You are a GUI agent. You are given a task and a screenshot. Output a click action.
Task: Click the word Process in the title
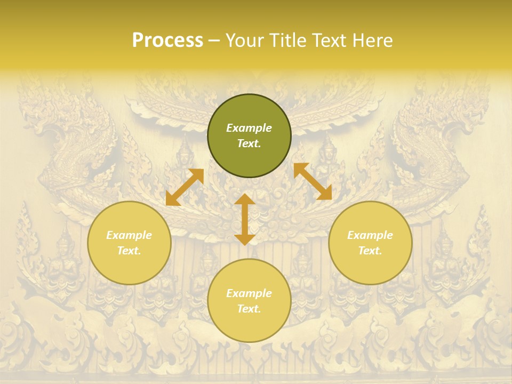(x=167, y=41)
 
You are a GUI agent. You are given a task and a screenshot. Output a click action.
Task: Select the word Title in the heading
(x=290, y=41)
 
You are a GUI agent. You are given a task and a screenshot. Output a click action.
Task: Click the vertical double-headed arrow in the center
(x=244, y=219)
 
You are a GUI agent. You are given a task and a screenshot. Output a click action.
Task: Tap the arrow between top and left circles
(x=185, y=187)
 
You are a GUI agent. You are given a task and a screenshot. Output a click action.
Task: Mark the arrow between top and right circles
(x=313, y=181)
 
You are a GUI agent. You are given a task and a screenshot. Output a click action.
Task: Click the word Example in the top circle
(x=249, y=128)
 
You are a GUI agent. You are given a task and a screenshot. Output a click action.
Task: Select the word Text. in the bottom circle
(x=249, y=309)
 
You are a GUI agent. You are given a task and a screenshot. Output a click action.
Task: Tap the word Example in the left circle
(x=129, y=235)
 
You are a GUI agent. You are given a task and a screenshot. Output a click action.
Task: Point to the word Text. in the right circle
(x=370, y=251)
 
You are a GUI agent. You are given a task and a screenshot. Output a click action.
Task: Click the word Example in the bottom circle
(x=249, y=293)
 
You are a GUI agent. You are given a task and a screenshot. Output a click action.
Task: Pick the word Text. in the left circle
(x=129, y=251)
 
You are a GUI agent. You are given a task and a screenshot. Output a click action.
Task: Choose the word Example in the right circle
(x=370, y=235)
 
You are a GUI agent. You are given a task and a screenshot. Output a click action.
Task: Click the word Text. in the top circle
(x=249, y=143)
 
